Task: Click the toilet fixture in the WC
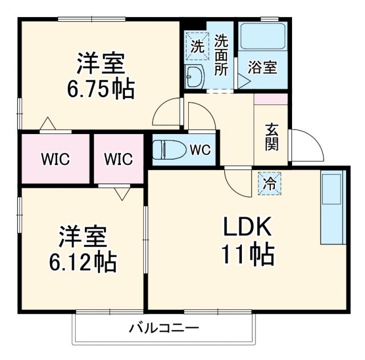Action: [x=169, y=150]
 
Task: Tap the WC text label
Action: [x=200, y=150]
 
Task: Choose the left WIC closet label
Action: [x=55, y=159]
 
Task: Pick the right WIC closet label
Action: [x=118, y=159]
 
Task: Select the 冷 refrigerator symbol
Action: [x=269, y=183]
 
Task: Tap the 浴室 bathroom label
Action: [x=263, y=67]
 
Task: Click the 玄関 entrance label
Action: [x=271, y=137]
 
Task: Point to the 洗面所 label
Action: [x=222, y=55]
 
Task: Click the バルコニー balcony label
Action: [x=163, y=329]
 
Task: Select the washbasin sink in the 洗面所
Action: [x=194, y=76]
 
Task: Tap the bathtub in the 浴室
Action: [x=262, y=37]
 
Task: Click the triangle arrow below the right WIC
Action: [x=121, y=193]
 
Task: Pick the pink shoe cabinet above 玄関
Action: [x=271, y=99]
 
